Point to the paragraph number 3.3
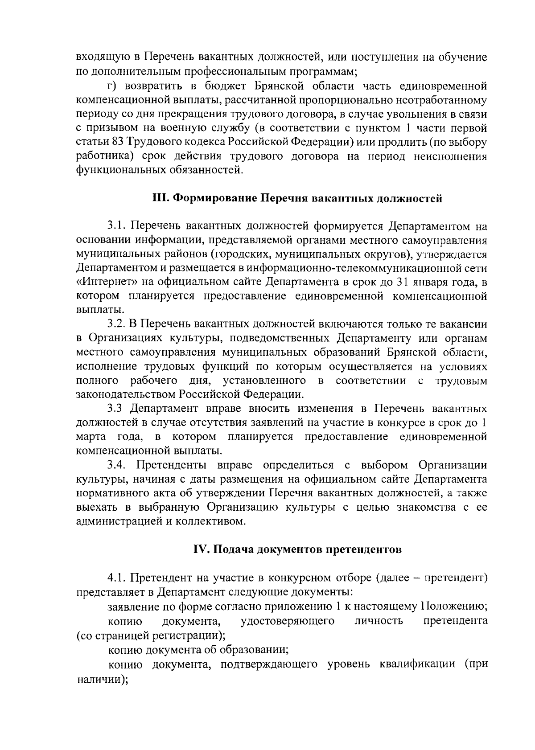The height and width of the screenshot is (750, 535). click(x=116, y=408)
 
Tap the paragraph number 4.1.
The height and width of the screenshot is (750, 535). click(x=116, y=578)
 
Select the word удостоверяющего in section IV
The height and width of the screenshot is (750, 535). click(x=287, y=621)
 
